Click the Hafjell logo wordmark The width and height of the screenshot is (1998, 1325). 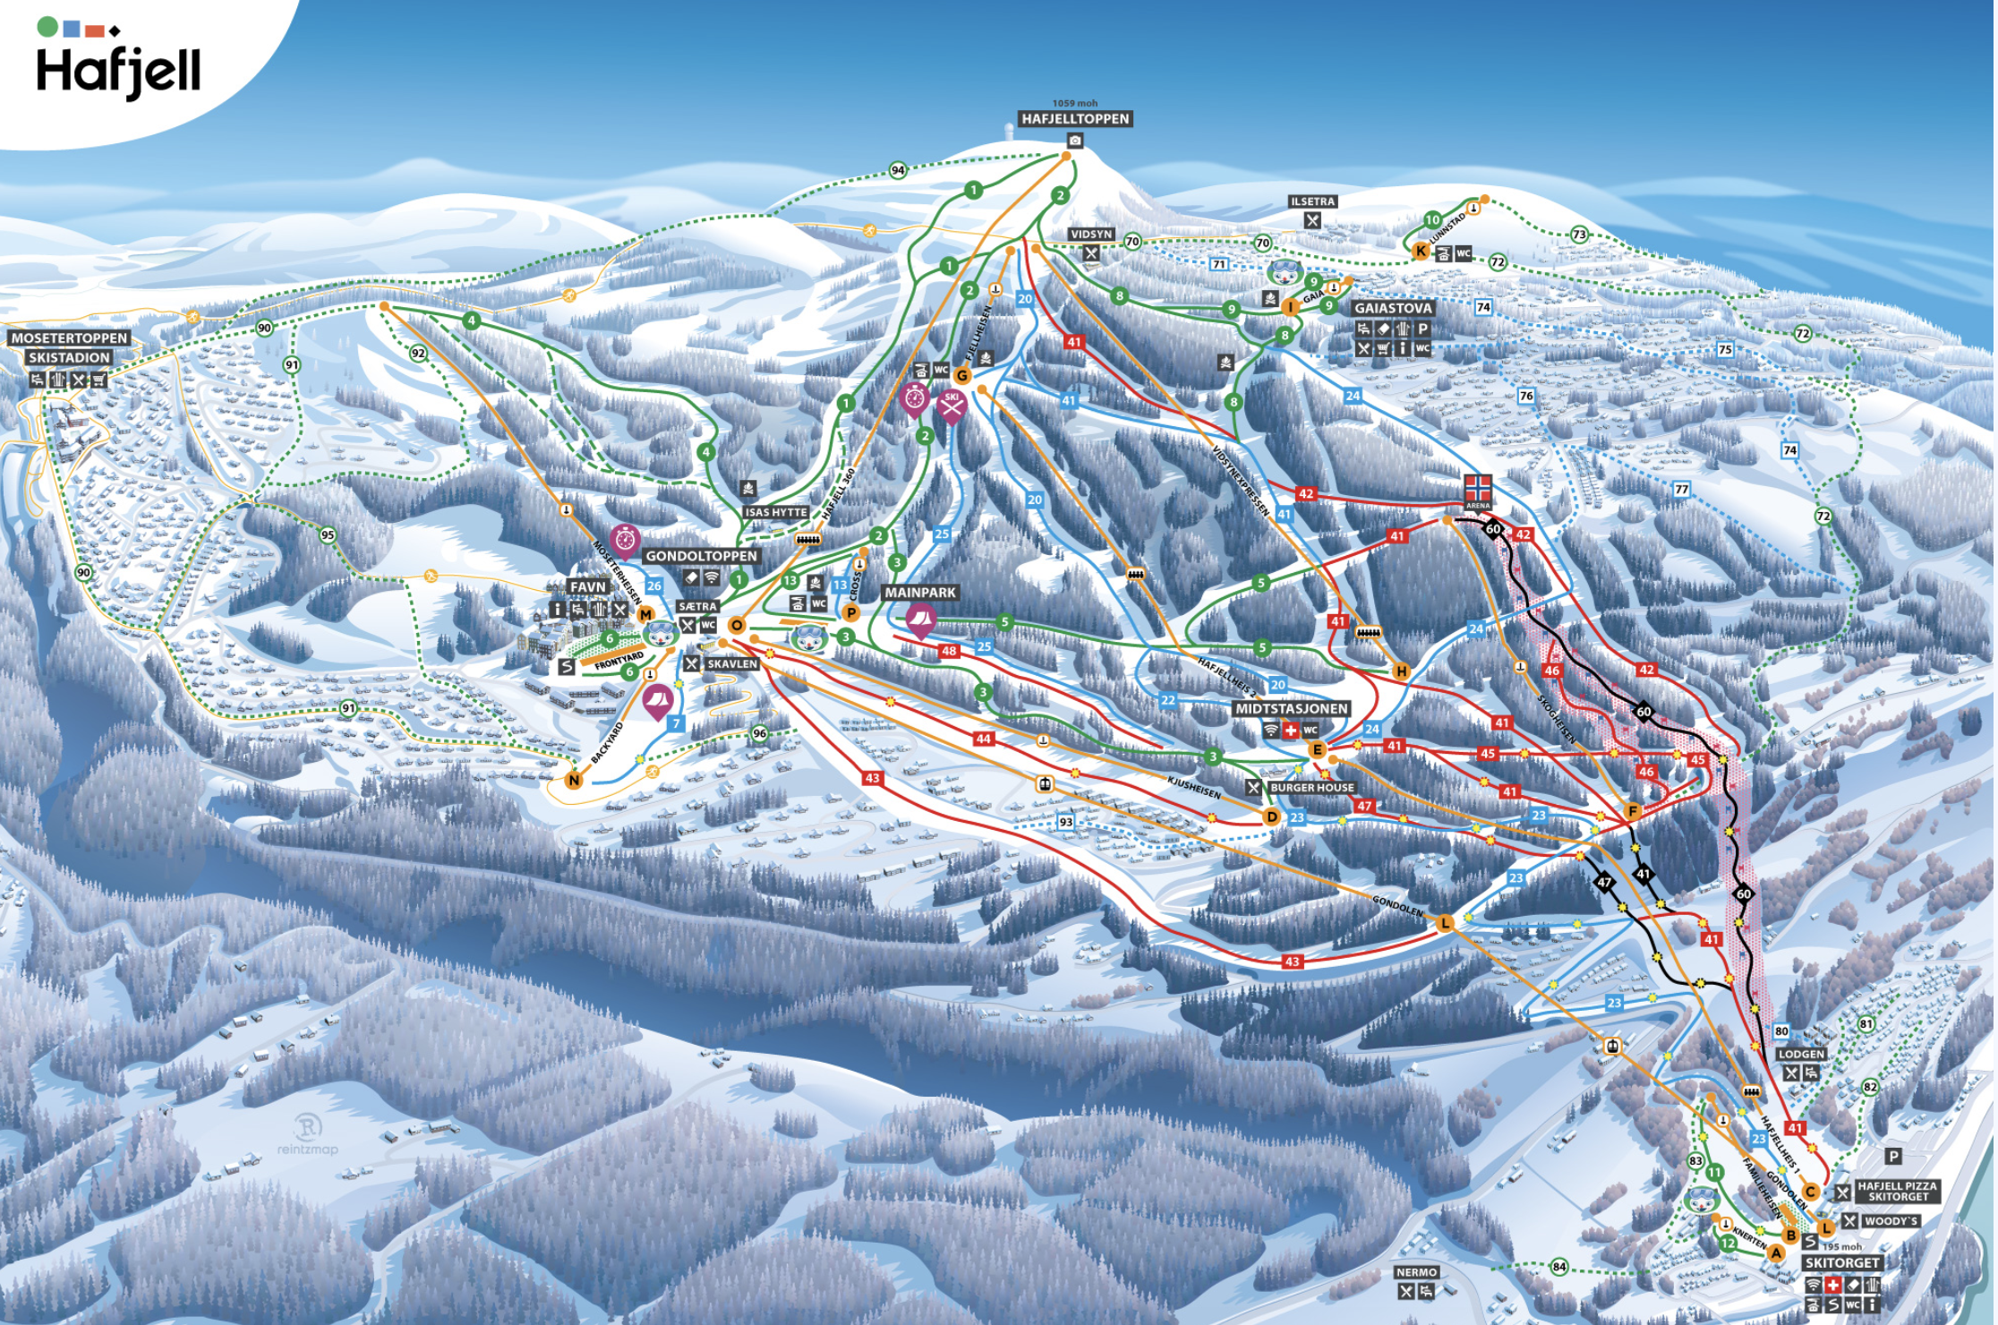click(x=118, y=72)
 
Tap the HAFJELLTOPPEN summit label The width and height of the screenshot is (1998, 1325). click(x=1075, y=119)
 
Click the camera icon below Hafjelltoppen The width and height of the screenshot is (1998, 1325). click(x=1075, y=141)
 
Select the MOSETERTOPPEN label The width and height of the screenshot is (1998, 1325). click(x=70, y=338)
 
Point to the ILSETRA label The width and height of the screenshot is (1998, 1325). click(x=1312, y=201)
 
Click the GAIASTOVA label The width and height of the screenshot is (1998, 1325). click(x=1393, y=308)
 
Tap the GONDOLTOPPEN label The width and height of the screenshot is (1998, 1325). click(x=701, y=556)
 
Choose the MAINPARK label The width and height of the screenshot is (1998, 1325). click(x=920, y=593)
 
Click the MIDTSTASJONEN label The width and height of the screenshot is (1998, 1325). click(x=1291, y=709)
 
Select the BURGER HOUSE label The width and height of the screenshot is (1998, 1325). click(x=1311, y=788)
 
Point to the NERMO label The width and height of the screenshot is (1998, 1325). click(x=1416, y=1272)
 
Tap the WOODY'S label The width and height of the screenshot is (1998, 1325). click(x=1891, y=1221)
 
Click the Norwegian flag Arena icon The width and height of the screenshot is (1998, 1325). click(x=1477, y=489)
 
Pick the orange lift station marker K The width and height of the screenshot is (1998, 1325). click(x=1421, y=252)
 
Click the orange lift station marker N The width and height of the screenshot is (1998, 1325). click(x=574, y=781)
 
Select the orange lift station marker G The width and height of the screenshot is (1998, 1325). click(x=962, y=376)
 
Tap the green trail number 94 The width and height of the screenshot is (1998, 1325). click(x=898, y=170)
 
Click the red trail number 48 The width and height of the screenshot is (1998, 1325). click(x=949, y=651)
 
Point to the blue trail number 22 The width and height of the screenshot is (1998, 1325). click(x=1168, y=701)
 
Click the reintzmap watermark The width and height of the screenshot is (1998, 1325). click(x=307, y=1134)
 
